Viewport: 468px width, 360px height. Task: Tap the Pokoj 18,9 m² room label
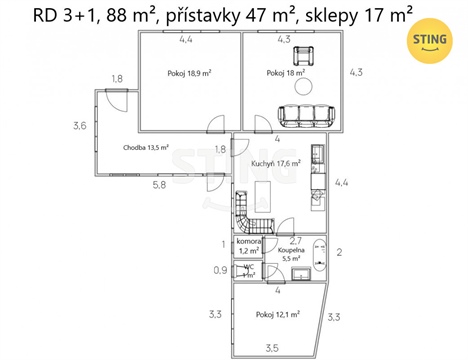(x=190, y=74)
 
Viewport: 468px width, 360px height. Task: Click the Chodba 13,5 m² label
(x=145, y=148)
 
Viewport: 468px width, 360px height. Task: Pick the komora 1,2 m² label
(x=248, y=246)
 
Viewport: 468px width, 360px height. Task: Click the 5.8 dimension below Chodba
(x=160, y=185)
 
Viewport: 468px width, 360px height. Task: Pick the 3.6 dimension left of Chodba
(x=79, y=126)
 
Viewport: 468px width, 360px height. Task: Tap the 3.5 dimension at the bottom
(x=272, y=347)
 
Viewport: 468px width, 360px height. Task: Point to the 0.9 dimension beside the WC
(x=222, y=270)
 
